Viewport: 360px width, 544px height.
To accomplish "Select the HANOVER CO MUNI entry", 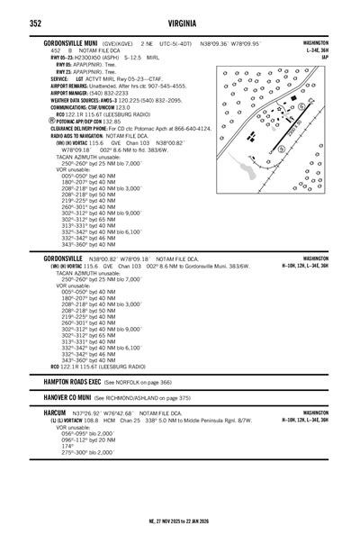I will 81,397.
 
